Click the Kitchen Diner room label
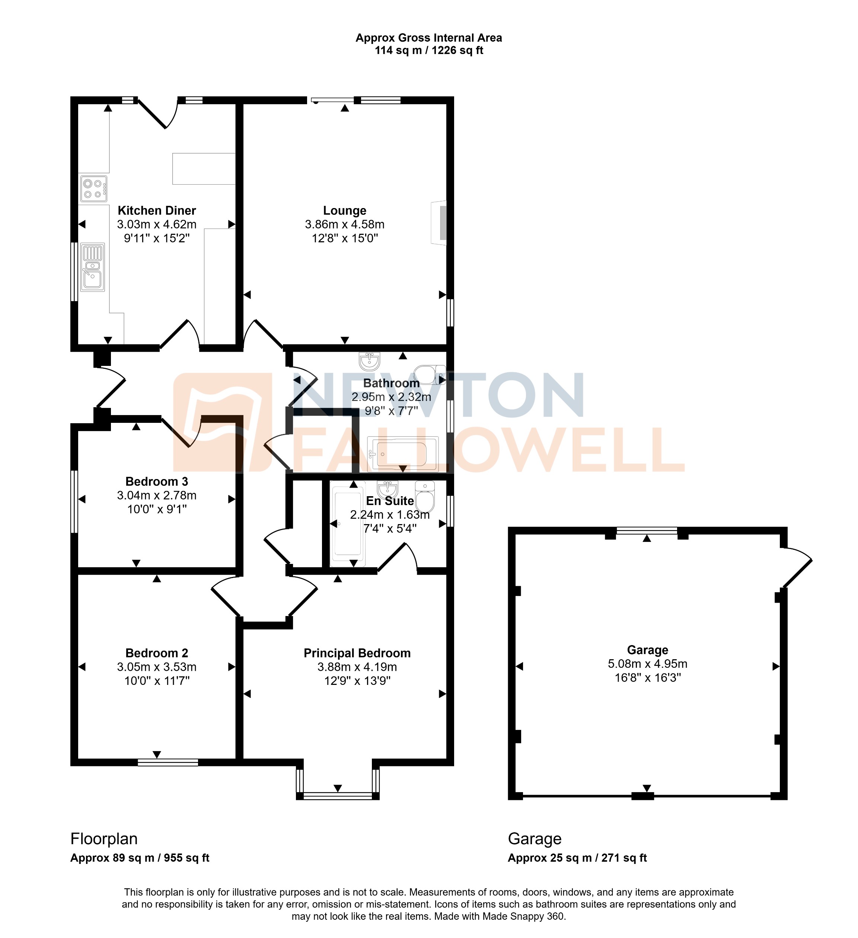click(157, 211)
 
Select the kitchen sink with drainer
click(93, 267)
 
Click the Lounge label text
click(344, 211)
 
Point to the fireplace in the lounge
click(440, 223)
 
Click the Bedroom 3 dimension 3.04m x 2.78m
click(157, 495)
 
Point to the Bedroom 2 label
click(157, 653)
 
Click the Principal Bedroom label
click(357, 653)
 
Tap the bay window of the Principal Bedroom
click(338, 796)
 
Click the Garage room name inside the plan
click(647, 650)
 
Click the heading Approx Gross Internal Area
click(428, 38)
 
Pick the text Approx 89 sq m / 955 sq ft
click(140, 858)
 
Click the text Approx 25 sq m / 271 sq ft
click(577, 858)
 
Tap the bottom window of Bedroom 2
click(168, 762)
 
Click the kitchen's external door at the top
click(157, 113)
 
